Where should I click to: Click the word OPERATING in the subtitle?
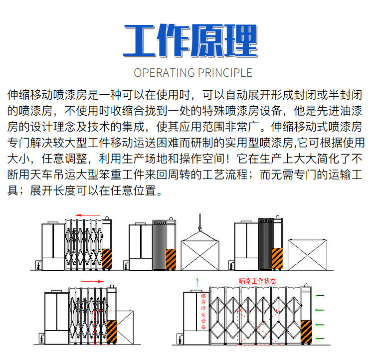tap(159, 73)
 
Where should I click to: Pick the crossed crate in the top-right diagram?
tap(307, 254)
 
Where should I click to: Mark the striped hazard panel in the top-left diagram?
tap(107, 259)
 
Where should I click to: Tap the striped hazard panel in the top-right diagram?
tap(276, 259)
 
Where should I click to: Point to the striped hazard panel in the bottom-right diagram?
tap(307, 332)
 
